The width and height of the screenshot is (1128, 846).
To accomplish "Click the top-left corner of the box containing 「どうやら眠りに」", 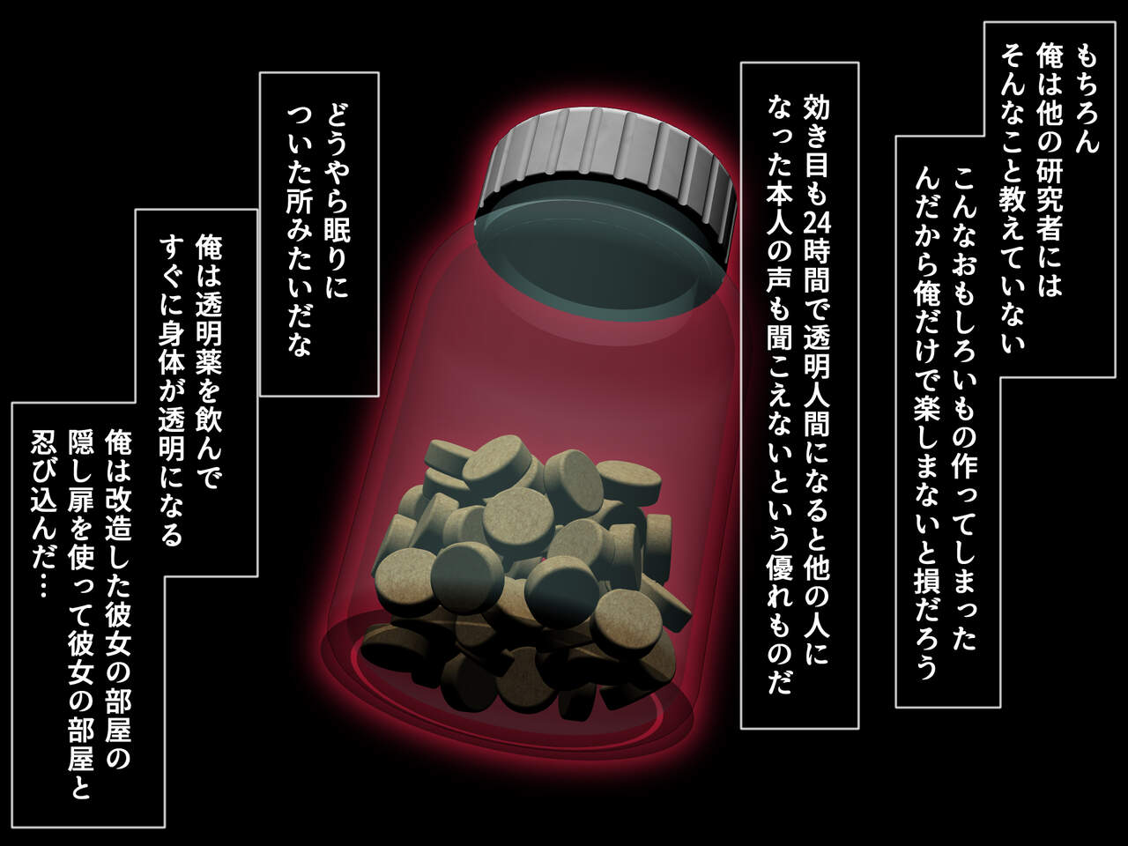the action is (x=260, y=73).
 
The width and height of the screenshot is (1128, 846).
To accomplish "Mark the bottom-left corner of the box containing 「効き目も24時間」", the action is (x=741, y=729).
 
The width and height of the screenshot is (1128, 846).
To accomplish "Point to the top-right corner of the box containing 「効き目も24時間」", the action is (x=858, y=63).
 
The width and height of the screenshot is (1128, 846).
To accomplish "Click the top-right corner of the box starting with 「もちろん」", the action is (x=1116, y=22).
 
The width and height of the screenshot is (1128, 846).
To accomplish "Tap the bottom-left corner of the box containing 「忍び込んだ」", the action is (x=11, y=827).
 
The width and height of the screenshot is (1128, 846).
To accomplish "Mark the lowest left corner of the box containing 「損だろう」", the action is (x=895, y=708).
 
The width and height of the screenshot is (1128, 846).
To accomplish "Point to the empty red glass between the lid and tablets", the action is (x=539, y=375).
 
